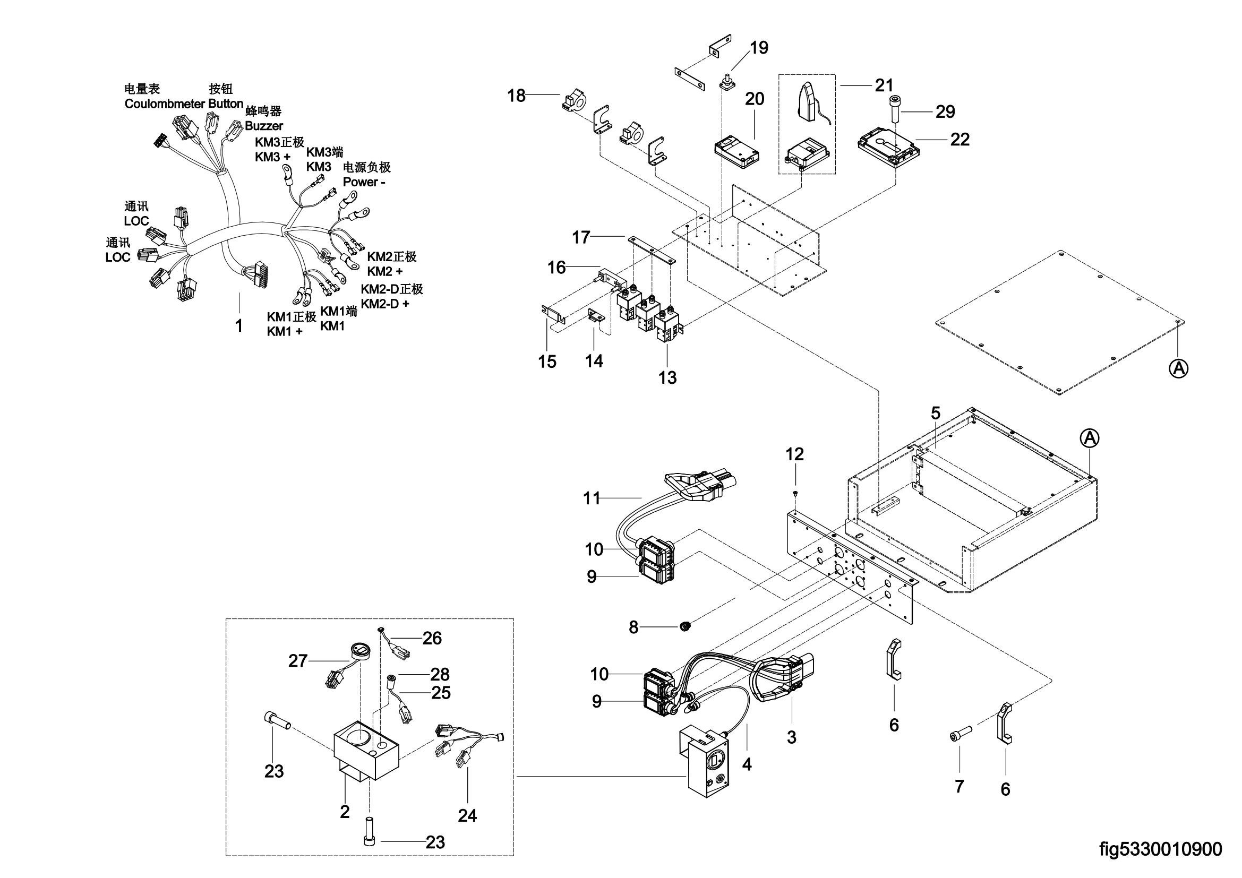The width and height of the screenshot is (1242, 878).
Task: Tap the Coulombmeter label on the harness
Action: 165,104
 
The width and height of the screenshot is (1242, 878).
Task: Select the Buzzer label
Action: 263,125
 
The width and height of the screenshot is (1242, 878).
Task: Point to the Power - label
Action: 364,182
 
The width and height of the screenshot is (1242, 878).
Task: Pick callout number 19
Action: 759,48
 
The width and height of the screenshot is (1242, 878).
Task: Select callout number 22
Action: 960,140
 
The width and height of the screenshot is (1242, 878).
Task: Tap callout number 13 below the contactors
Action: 667,377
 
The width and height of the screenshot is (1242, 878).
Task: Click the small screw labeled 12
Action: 795,493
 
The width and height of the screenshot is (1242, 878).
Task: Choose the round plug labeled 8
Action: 686,626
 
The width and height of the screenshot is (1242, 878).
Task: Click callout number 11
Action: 592,498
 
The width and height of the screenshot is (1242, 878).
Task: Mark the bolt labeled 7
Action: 960,736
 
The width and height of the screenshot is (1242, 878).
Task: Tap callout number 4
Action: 747,764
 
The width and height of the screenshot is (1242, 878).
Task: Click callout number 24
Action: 467,815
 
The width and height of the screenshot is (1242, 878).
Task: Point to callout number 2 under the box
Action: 345,812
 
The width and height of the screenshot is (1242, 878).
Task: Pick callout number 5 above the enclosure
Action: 935,413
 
